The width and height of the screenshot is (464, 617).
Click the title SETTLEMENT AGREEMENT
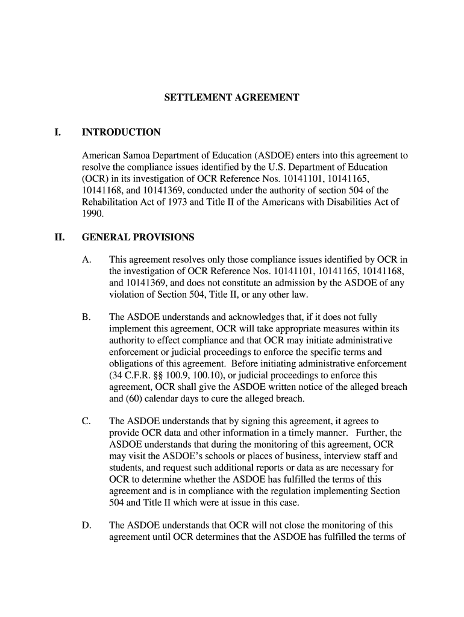232,97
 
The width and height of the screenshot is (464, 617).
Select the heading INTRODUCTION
121,133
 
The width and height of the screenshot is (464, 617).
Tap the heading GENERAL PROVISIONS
138,237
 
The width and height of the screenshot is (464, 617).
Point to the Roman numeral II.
59,237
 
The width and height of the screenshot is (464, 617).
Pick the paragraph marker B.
86,317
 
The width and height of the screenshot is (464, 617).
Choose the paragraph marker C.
86,421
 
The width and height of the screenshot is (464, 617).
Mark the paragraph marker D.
86,525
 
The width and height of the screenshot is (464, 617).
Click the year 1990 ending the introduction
92,213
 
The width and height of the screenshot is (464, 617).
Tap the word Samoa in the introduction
136,155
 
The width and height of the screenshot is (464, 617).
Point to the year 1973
177,202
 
